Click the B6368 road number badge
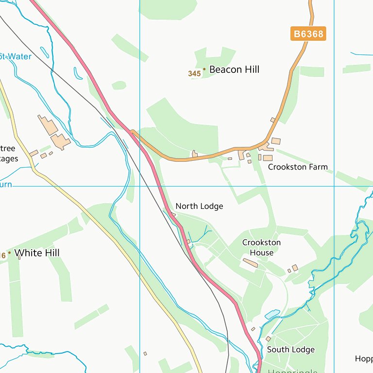308,34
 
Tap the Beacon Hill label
234,69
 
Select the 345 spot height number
194,74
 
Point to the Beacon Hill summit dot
204,69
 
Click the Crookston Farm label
298,167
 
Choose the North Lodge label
199,206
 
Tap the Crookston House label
261,247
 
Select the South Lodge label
290,350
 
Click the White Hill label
37,253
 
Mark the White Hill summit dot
9,253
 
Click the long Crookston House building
251,263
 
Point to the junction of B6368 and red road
132,131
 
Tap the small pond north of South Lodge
272,314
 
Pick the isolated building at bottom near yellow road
145,354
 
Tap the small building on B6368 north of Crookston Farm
272,119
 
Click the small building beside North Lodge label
173,214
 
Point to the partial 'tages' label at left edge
9,159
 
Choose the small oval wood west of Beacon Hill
119,85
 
